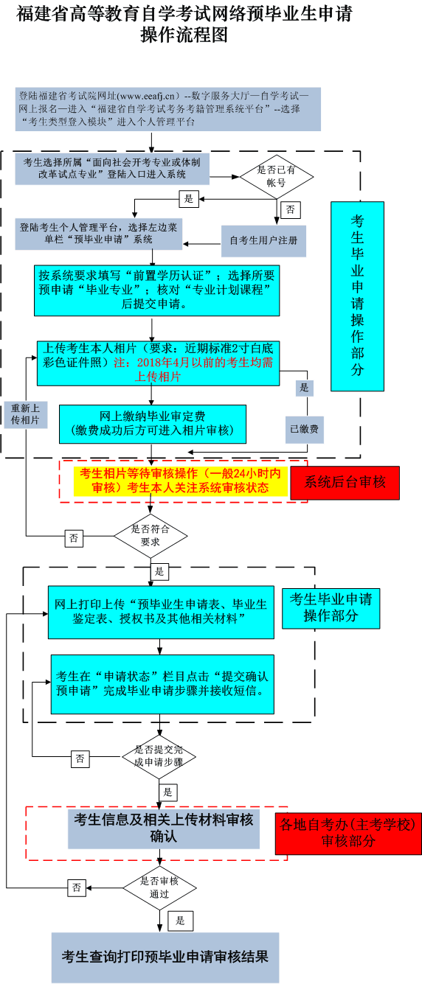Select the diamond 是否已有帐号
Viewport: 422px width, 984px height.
(276, 176)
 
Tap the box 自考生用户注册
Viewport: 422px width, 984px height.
(263, 240)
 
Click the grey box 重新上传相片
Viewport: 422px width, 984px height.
(26, 414)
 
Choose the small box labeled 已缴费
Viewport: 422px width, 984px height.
(303, 428)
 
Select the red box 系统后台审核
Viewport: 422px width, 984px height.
(345, 482)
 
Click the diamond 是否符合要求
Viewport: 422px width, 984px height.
(151, 534)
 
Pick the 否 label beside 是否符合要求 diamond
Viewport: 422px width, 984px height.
(74, 538)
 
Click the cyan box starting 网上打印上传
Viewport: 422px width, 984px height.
(161, 612)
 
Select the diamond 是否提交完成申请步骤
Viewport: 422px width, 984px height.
(159, 756)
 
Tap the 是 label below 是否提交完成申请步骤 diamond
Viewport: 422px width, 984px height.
(167, 792)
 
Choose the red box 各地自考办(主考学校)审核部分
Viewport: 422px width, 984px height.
(348, 833)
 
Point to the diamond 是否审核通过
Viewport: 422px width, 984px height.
(159, 887)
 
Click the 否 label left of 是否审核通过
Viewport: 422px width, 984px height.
(77, 888)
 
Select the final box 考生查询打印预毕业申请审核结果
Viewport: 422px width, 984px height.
(165, 957)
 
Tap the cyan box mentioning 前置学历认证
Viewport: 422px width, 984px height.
(156, 289)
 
